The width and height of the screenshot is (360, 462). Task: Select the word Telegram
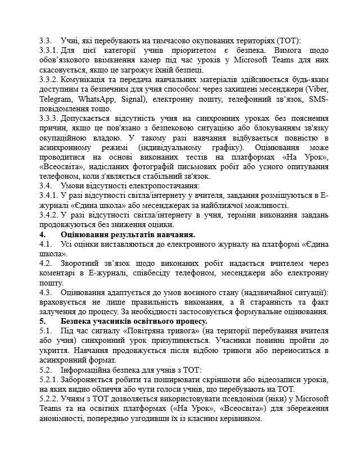click(x=56, y=99)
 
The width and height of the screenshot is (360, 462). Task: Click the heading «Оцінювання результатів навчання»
click(x=128, y=234)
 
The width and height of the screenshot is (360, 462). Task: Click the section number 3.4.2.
click(x=49, y=214)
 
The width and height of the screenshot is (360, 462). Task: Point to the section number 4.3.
click(x=46, y=292)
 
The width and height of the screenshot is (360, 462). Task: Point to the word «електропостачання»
click(x=166, y=185)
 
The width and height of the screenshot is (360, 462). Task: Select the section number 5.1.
click(x=46, y=331)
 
